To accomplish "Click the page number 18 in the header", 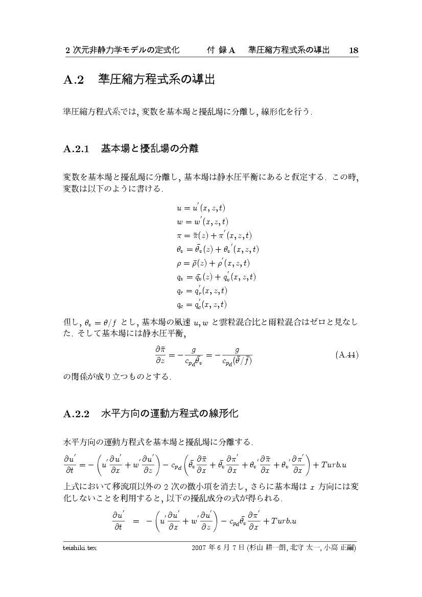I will click(x=354, y=50).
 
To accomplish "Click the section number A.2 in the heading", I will click(x=74, y=81).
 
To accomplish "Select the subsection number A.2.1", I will click(x=77, y=150).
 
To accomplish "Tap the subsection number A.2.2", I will click(x=77, y=414).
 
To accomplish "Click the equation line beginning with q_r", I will click(x=202, y=291).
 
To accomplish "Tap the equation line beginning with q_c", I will click(x=201, y=305).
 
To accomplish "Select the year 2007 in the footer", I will click(x=199, y=548).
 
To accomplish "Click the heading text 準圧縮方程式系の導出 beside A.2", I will click(x=155, y=80).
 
